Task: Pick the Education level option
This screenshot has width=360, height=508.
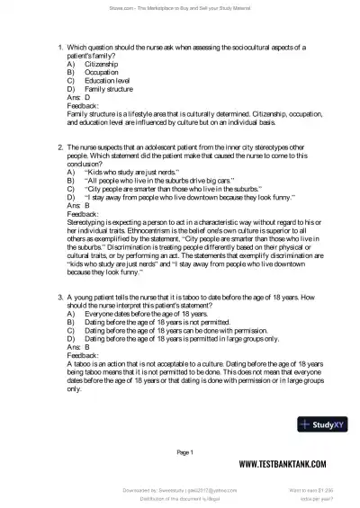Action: click(109, 81)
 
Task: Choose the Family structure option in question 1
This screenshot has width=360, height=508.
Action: click(109, 90)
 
